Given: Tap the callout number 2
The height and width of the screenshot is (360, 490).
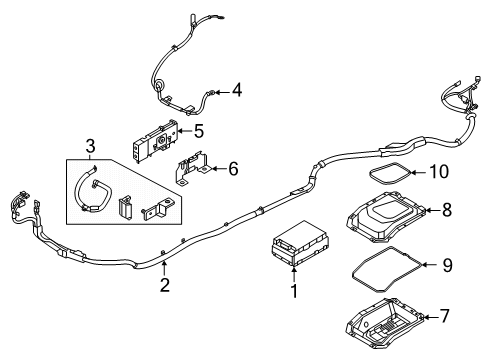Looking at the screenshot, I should pyautogui.click(x=165, y=286).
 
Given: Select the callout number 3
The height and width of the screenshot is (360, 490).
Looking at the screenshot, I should pyautogui.click(x=90, y=148).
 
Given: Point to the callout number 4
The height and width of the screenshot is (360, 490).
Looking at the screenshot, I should pyautogui.click(x=236, y=92).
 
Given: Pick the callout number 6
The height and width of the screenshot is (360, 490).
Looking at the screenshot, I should pyautogui.click(x=233, y=170).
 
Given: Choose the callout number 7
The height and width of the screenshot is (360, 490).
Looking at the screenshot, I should pyautogui.click(x=447, y=318).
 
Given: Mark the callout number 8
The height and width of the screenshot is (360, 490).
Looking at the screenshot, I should pyautogui.click(x=447, y=211).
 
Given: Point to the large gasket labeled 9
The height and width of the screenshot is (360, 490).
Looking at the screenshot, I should pyautogui.click(x=385, y=269).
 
